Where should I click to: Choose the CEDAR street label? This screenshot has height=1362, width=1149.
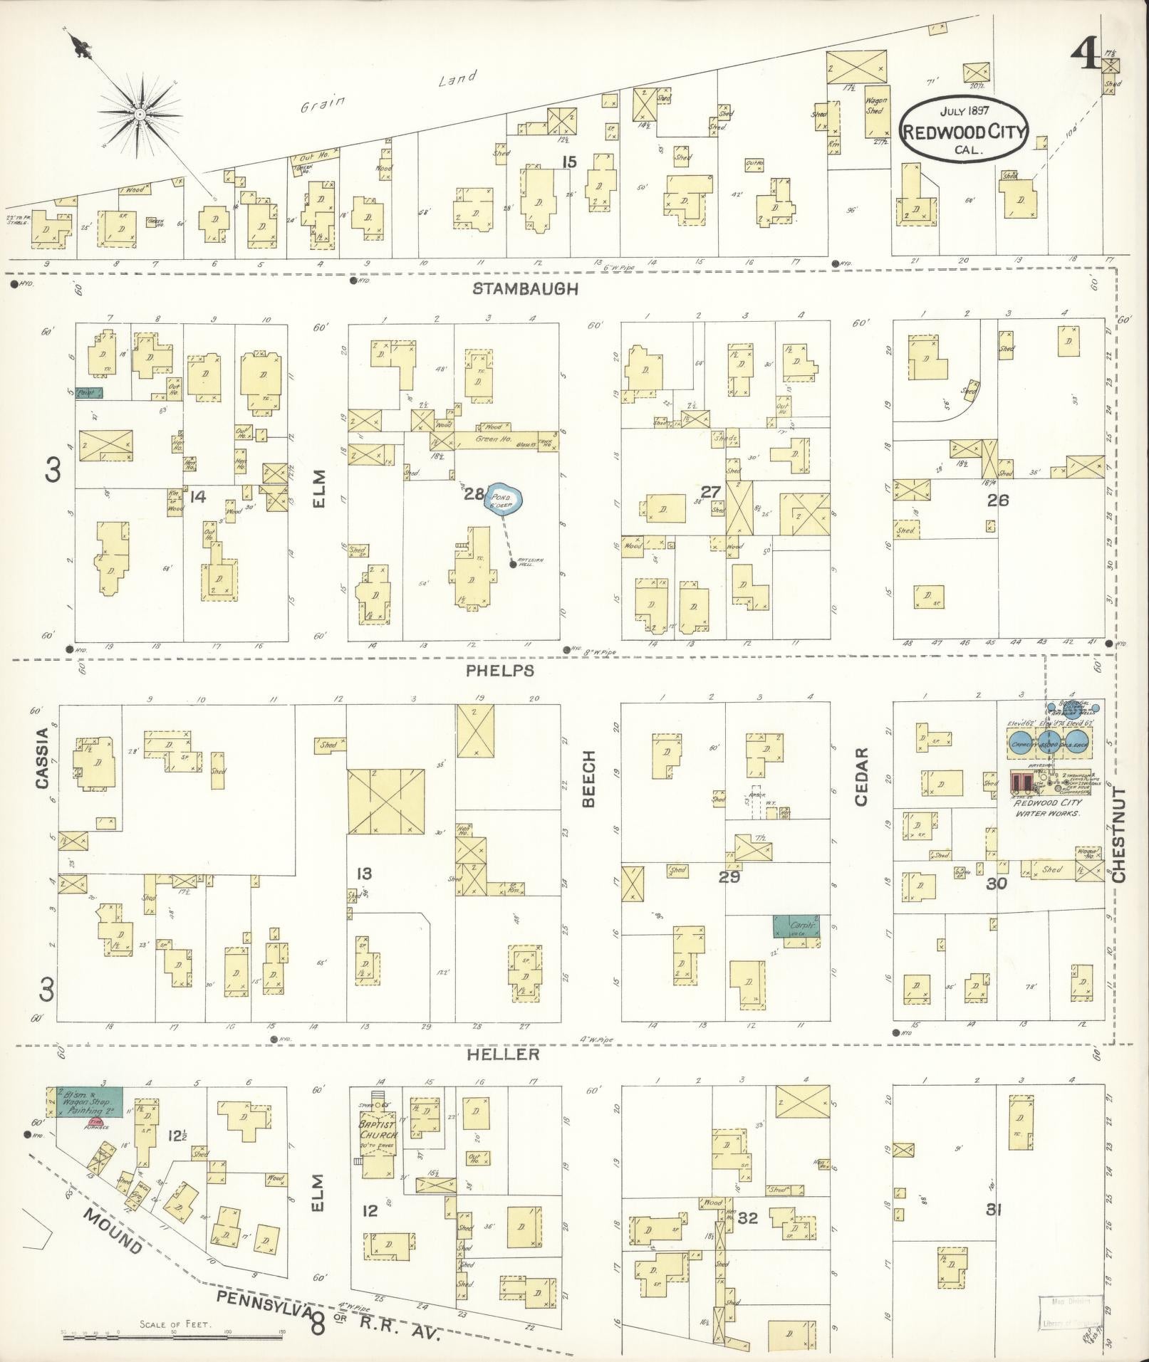tap(862, 777)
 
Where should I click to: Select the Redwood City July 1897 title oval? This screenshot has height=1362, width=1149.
tap(963, 130)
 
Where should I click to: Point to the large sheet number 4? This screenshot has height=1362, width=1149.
tap(1086, 53)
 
